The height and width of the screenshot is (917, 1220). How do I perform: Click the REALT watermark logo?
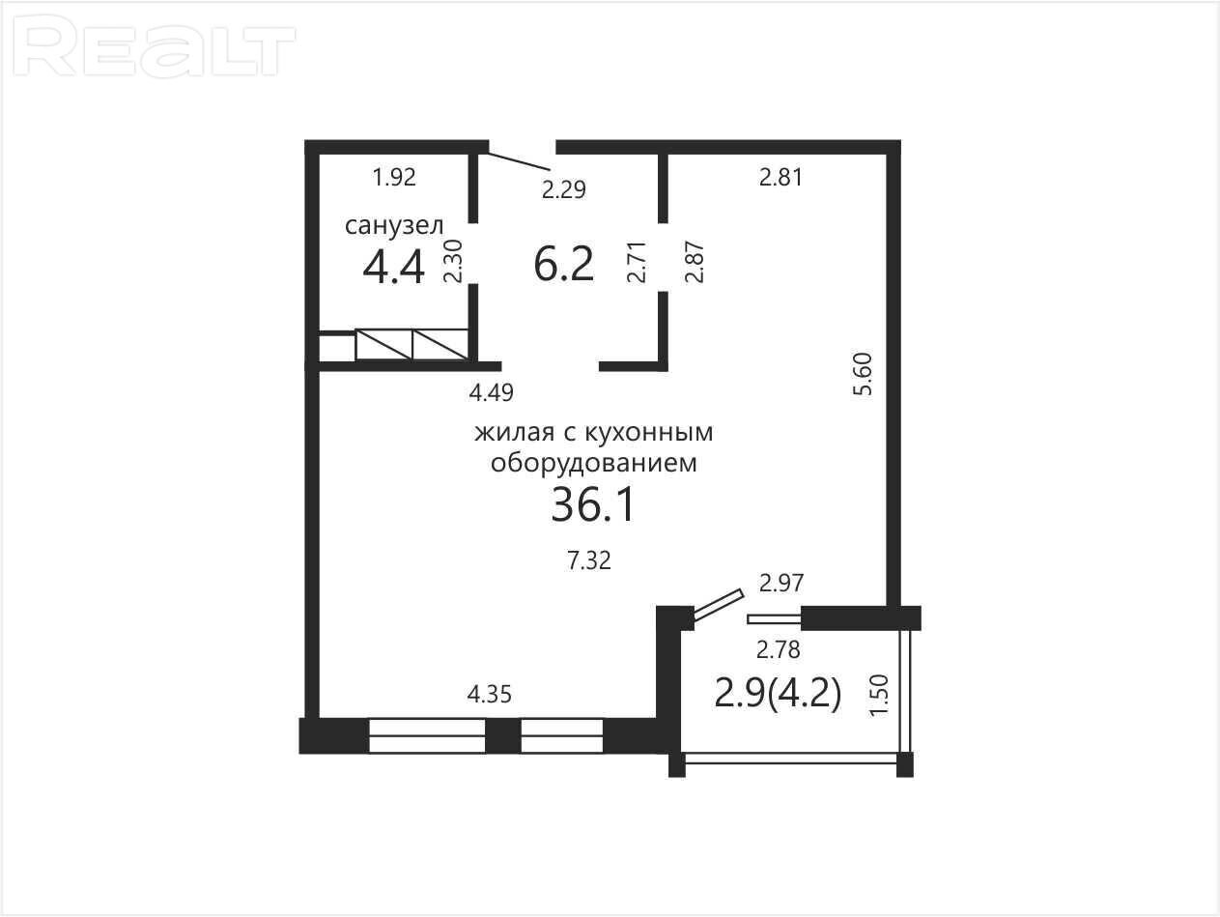[155, 45]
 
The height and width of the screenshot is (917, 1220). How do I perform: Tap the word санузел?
[394, 226]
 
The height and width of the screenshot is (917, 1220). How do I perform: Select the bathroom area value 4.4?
[393, 268]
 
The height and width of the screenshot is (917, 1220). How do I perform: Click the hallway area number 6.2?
[563, 265]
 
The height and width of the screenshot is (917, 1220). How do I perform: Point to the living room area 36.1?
[592, 505]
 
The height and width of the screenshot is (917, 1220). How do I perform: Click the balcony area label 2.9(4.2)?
[777, 694]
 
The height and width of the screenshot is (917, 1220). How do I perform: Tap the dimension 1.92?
[394, 178]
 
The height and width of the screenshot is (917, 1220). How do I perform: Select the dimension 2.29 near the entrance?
[564, 190]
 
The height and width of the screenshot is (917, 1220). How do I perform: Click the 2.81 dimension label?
[780, 178]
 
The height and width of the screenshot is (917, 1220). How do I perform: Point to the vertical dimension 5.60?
[864, 374]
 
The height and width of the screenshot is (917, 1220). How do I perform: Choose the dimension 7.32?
[589, 560]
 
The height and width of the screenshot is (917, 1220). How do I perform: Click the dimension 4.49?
[492, 393]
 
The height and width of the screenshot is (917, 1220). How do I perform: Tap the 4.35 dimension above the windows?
[489, 695]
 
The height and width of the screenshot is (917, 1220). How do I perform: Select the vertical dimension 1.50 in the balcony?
[879, 696]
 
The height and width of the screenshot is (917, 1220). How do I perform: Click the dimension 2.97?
[781, 583]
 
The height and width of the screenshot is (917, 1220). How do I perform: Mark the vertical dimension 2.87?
[695, 262]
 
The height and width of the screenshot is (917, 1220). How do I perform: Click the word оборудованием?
[594, 463]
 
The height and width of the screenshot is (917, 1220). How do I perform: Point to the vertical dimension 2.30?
[453, 261]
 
